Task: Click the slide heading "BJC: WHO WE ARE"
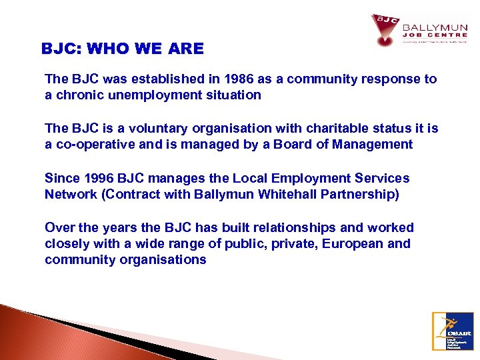tap(123, 49)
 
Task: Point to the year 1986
tap(223, 79)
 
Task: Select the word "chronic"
tap(77, 95)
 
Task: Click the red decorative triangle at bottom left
tap(40, 337)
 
